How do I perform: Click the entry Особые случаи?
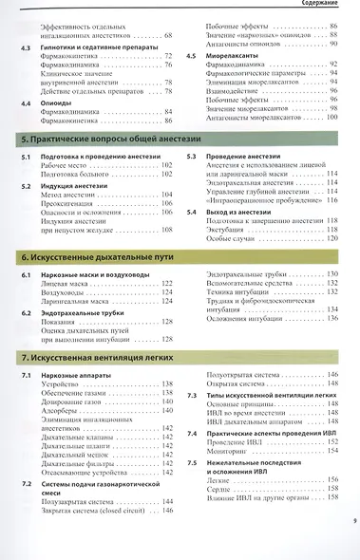pos(232,236)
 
